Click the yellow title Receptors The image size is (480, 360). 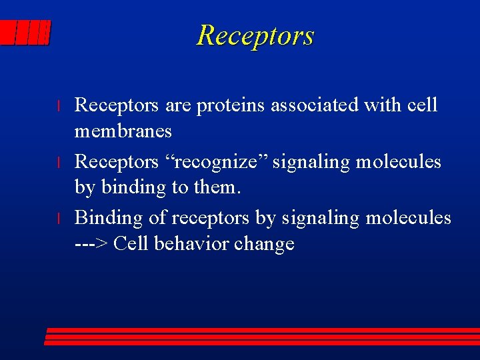click(x=255, y=35)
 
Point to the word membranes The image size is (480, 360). click(x=123, y=131)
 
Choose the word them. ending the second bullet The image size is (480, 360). click(x=217, y=188)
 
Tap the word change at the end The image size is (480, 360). click(x=265, y=244)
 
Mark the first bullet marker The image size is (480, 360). click(x=59, y=107)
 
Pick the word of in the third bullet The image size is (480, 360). click(x=157, y=218)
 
